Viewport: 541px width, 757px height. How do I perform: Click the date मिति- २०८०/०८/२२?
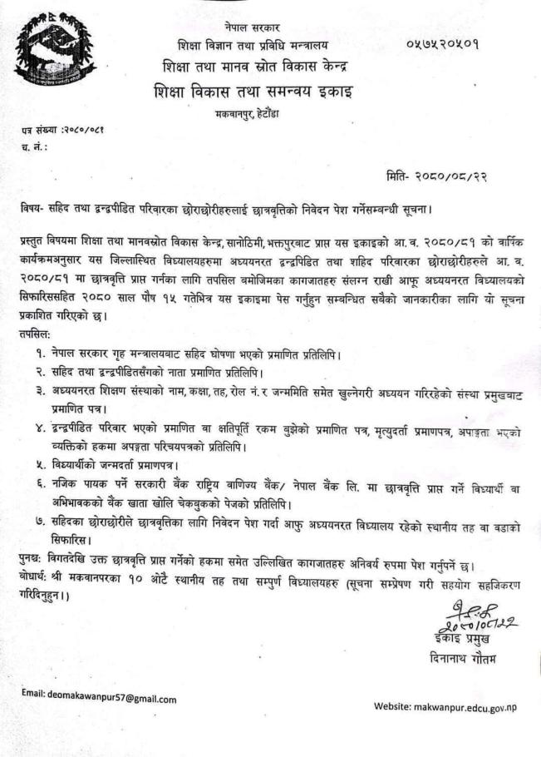[x=446, y=176]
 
